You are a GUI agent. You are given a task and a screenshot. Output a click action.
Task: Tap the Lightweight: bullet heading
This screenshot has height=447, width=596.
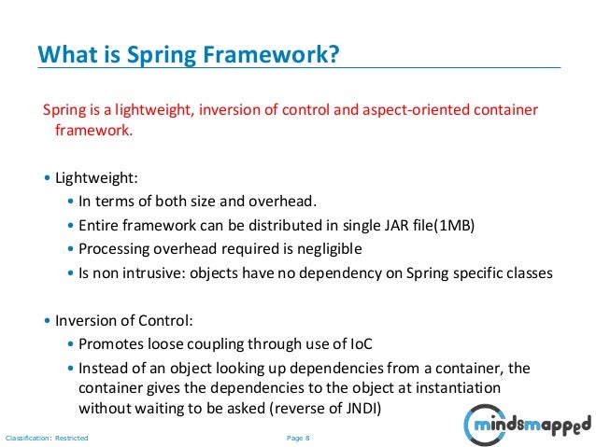(95, 176)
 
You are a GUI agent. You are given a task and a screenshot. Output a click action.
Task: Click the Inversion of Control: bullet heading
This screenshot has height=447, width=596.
(124, 320)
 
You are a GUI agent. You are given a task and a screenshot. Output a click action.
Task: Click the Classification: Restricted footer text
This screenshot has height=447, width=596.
(47, 437)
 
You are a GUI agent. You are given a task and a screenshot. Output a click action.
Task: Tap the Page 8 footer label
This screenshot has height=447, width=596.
(298, 437)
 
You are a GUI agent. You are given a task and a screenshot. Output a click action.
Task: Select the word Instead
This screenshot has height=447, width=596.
(104, 367)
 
